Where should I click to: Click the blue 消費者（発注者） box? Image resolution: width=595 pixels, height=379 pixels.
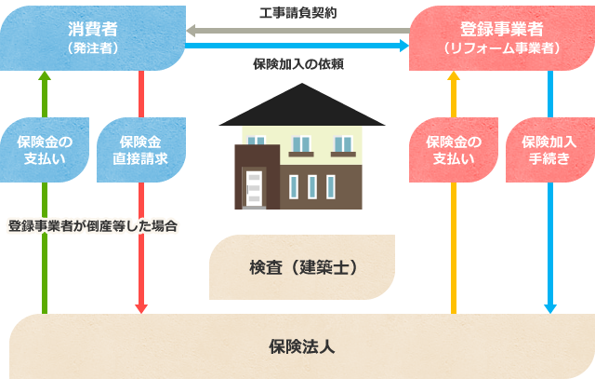(93, 38)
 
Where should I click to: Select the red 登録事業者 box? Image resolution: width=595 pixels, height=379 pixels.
(502, 38)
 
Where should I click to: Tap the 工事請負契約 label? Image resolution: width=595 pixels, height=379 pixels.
(297, 13)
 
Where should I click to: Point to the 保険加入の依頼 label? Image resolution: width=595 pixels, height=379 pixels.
(298, 64)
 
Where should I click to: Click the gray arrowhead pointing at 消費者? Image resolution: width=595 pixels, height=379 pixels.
(191, 31)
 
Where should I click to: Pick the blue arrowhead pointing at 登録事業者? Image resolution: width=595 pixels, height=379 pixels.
(404, 46)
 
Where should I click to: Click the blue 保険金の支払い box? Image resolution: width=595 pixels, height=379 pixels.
(45, 150)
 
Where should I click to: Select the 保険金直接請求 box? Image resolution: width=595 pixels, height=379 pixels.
(141, 150)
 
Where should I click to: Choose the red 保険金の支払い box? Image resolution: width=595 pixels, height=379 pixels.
(454, 150)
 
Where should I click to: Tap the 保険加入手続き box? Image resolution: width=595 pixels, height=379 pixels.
(550, 150)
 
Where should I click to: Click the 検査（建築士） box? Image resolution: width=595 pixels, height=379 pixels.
(302, 267)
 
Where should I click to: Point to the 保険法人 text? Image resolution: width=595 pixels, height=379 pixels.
(302, 346)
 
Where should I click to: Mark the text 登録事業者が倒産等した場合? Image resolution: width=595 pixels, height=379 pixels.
(93, 226)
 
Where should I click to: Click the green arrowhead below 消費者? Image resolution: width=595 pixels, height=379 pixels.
(45, 75)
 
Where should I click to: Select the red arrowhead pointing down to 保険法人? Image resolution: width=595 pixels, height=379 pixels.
(141, 309)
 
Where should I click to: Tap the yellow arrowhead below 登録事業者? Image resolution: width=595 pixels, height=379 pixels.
(454, 75)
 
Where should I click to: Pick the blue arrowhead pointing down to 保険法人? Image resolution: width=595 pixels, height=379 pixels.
(550, 309)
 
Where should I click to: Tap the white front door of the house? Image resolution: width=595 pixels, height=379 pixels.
(254, 189)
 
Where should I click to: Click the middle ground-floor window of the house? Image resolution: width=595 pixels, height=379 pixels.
(312, 187)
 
